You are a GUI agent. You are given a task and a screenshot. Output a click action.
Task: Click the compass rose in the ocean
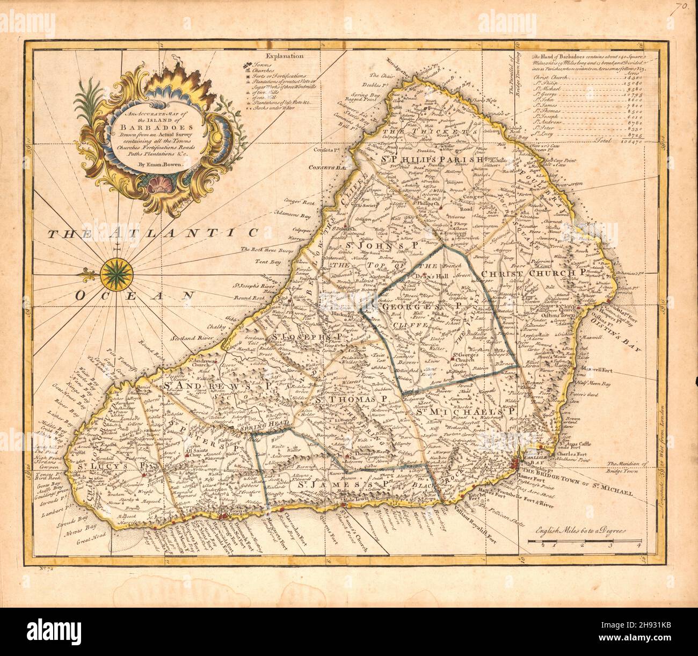114,273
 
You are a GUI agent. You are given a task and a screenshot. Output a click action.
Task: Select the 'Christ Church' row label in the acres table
553,77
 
